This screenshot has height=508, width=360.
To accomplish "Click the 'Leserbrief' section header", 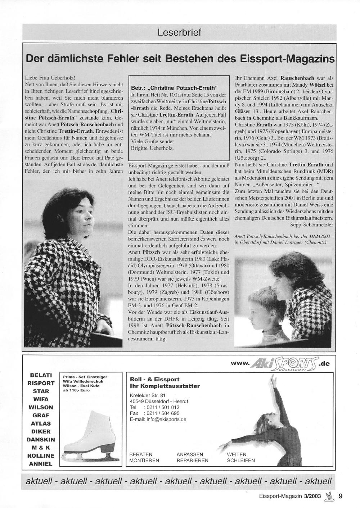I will [179, 33].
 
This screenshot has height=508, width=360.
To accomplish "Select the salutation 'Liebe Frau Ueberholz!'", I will [50, 77].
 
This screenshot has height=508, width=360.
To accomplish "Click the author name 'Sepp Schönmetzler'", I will [311, 224].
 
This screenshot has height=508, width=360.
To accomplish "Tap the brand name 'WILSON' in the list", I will [41, 407].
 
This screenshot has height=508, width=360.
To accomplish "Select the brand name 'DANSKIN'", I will [41, 439].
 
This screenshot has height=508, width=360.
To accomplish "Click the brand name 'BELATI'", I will [41, 375].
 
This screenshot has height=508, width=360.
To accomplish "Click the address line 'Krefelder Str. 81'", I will [147, 395].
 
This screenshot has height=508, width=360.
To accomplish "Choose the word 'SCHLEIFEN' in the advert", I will [240, 460].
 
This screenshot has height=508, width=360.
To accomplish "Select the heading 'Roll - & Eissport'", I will [154, 379].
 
